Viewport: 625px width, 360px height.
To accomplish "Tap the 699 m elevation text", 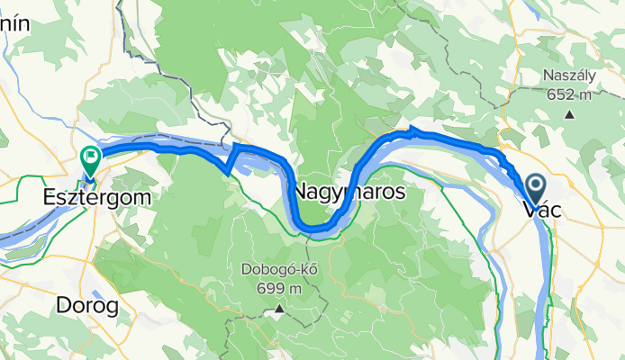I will [x=277, y=289].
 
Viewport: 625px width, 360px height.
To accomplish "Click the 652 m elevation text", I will [x=569, y=94].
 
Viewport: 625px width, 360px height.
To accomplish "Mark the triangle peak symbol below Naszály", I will [x=569, y=114].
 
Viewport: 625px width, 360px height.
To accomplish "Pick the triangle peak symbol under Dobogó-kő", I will [x=278, y=310].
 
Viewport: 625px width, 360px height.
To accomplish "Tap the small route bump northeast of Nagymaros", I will [x=413, y=131].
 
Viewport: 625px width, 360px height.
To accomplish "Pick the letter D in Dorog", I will [x=64, y=306].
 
